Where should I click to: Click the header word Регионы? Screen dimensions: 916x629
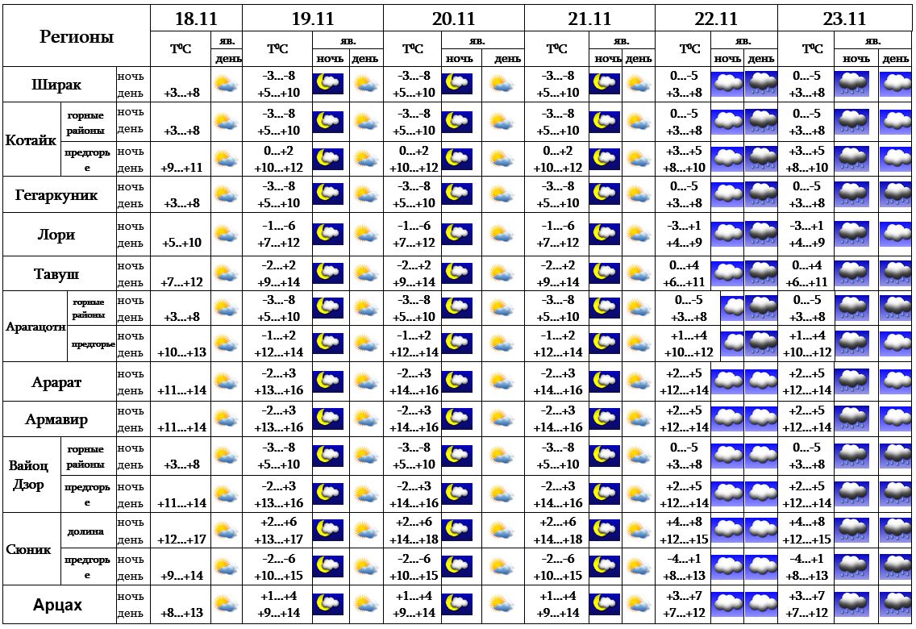pyautogui.click(x=76, y=36)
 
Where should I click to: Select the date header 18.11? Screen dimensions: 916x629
pyautogui.click(x=196, y=19)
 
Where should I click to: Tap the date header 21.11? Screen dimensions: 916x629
pyautogui.click(x=589, y=19)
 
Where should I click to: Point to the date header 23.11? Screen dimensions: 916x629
pyautogui.click(x=844, y=19)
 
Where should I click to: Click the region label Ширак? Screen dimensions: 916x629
pyautogui.click(x=56, y=85)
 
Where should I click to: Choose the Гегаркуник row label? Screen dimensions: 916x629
pyautogui.click(x=56, y=195)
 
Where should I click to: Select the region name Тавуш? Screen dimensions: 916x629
pyautogui.click(x=56, y=273)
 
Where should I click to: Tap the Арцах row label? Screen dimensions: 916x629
pyautogui.click(x=58, y=605)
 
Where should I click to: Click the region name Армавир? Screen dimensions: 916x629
pyautogui.click(x=56, y=419)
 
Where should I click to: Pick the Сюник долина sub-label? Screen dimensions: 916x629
pyautogui.click(x=85, y=531)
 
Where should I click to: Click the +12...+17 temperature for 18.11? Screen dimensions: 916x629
pyautogui.click(x=181, y=539)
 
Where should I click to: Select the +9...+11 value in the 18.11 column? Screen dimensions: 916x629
pyautogui.click(x=181, y=168)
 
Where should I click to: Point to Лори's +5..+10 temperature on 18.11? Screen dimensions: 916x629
pyautogui.click(x=181, y=243)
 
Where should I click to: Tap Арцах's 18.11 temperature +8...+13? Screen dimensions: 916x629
pyautogui.click(x=181, y=613)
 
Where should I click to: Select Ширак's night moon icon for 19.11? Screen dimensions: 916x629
pyautogui.click(x=327, y=84)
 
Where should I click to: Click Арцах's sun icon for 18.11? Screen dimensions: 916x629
pyautogui.click(x=226, y=604)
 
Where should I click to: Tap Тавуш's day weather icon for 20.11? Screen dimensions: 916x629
pyautogui.click(x=501, y=273)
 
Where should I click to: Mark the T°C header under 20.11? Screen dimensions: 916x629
pyautogui.click(x=412, y=49)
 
